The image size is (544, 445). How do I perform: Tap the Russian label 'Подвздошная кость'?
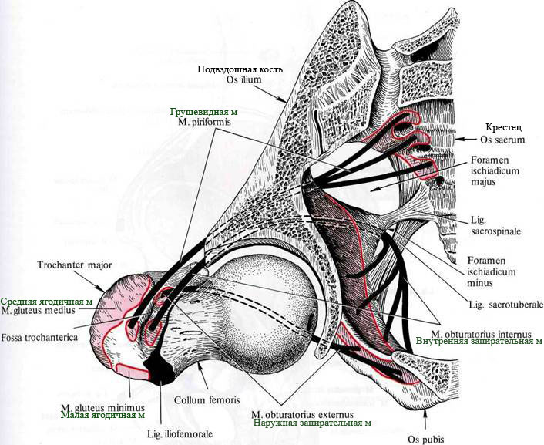click(240, 69)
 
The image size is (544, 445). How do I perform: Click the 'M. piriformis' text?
click(204, 122)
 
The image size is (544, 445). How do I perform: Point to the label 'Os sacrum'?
click(502, 140)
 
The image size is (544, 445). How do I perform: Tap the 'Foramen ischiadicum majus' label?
click(495, 170)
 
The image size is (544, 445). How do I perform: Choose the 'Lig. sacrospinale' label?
click(495, 225)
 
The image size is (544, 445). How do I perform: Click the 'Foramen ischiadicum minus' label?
click(492, 271)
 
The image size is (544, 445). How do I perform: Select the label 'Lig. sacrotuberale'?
click(505, 305)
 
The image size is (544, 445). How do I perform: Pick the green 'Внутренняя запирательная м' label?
click(479, 341)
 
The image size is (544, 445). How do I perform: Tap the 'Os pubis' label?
click(425, 440)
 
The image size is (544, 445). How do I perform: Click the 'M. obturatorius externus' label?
click(302, 414)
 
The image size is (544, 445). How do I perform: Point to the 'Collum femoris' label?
click(207, 399)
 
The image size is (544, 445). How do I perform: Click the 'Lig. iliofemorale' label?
click(180, 433)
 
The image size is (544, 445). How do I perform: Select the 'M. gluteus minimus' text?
click(102, 407)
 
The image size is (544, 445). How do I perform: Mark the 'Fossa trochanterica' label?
click(39, 337)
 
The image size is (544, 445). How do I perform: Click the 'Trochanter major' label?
click(75, 265)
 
